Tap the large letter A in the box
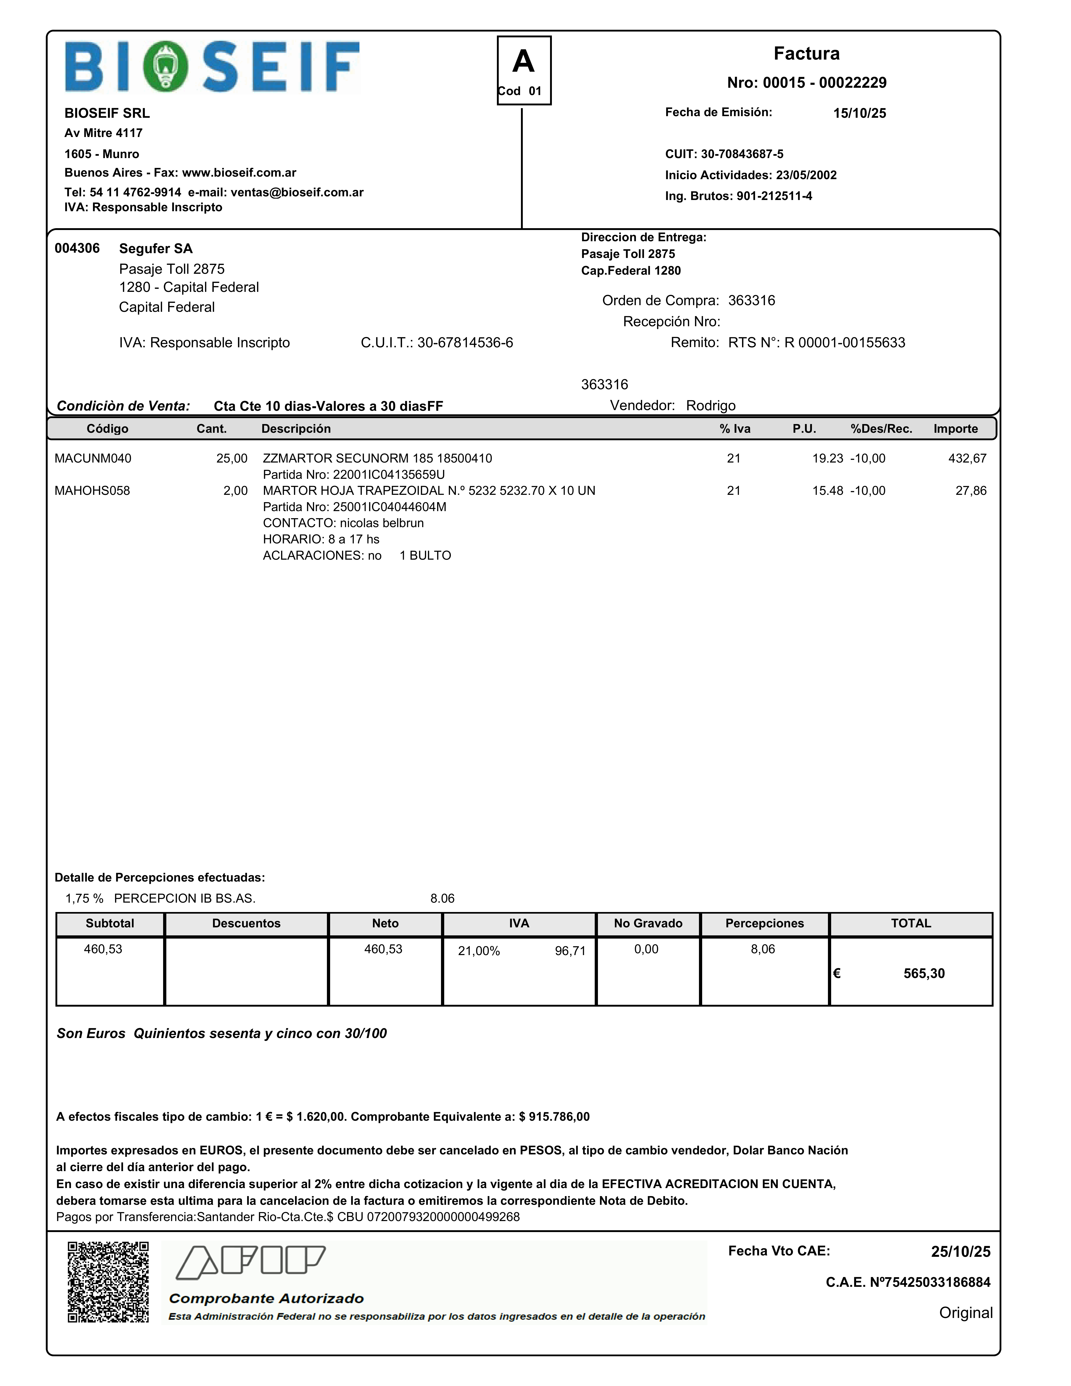[x=523, y=62]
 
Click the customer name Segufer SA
[x=156, y=248]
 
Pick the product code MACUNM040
[x=93, y=458]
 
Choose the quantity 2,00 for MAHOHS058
[x=236, y=490]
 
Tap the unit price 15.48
[x=827, y=490]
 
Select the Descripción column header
[x=296, y=428]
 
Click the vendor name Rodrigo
[x=711, y=405]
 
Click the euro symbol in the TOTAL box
[x=837, y=973]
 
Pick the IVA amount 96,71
[x=570, y=951]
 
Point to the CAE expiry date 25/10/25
[x=960, y=1252]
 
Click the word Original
[x=966, y=1312]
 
